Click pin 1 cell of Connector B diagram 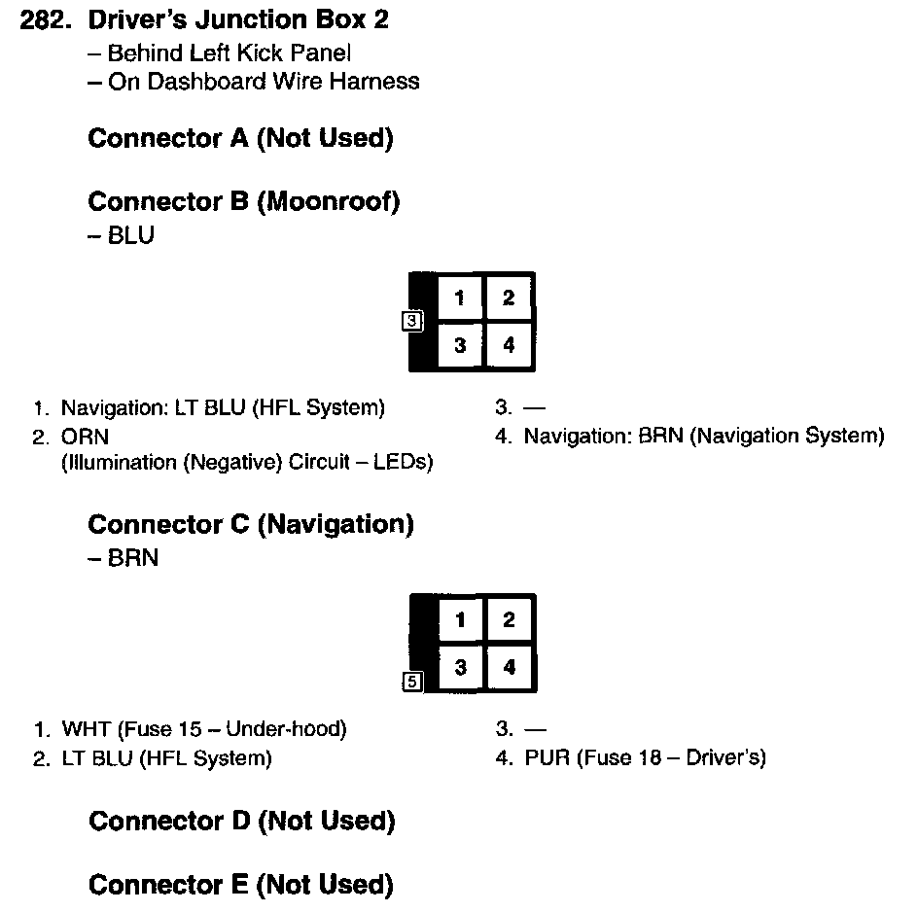(460, 298)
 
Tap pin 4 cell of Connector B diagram (509, 345)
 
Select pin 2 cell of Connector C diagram (509, 620)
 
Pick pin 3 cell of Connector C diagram (460, 668)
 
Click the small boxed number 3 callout (411, 321)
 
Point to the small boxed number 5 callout (411, 682)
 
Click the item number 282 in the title (47, 20)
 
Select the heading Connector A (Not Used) (240, 138)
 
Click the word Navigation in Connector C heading (335, 524)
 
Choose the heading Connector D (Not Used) (241, 822)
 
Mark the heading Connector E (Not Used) (240, 885)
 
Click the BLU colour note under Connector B (130, 235)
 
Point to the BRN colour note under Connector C (132, 558)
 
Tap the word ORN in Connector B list (85, 437)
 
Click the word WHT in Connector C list (85, 728)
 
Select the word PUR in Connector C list (547, 757)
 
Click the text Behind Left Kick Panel (229, 53)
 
